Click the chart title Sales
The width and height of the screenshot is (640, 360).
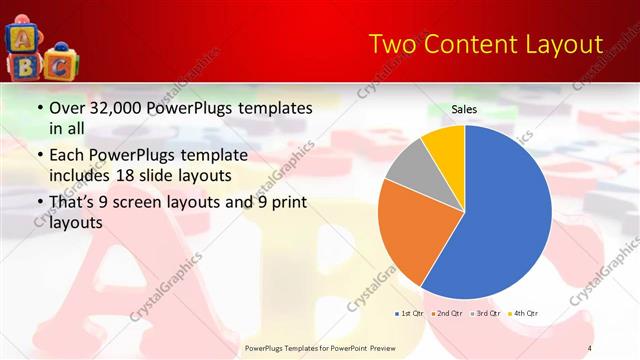click(464, 108)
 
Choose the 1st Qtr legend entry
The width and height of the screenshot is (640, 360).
click(411, 313)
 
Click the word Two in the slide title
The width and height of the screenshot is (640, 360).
click(393, 45)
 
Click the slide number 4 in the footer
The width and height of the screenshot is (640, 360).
click(590, 347)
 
